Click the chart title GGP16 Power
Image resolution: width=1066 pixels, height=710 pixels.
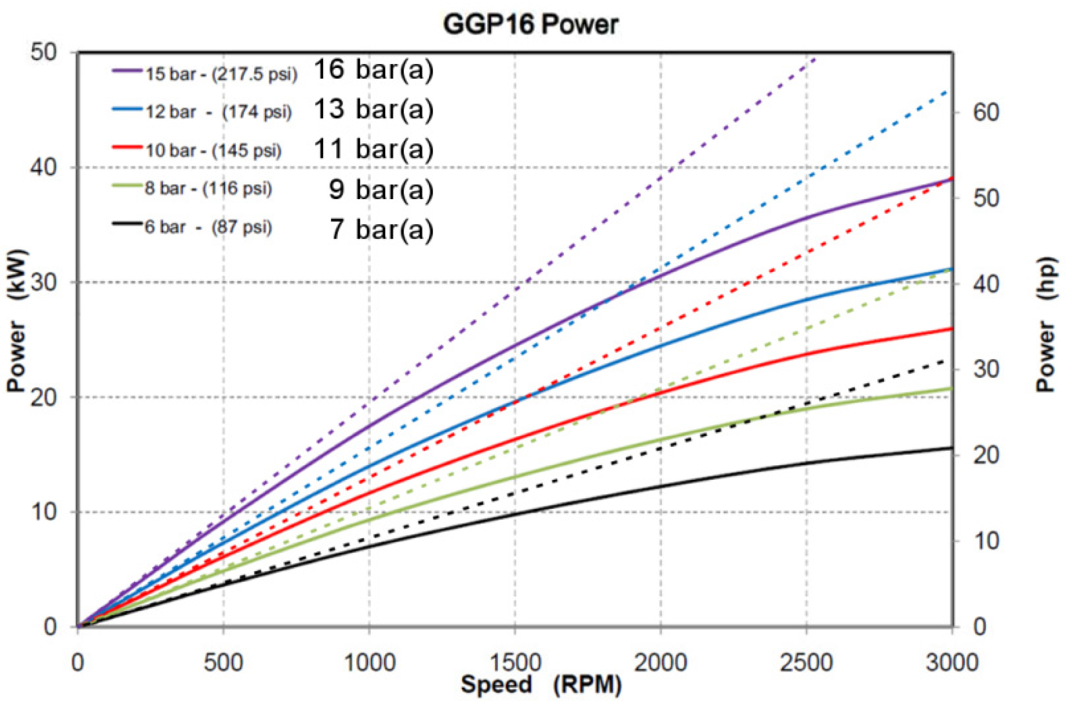coord(530,24)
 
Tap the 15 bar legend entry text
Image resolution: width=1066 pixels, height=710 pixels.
coord(221,74)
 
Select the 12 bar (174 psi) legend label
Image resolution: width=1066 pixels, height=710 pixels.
coord(218,112)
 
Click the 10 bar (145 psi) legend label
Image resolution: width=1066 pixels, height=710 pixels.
coord(213,151)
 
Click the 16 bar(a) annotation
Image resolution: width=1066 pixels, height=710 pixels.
coord(373,69)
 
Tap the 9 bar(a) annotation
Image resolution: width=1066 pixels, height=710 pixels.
coord(381,189)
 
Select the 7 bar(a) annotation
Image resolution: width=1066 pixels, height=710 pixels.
coord(381,229)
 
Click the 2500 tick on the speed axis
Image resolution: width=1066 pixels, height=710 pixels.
coord(806,662)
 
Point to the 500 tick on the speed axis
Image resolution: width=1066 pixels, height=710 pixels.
coord(223,662)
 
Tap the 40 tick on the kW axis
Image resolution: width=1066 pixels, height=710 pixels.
coord(44,167)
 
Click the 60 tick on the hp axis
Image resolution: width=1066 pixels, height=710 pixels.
coord(985,113)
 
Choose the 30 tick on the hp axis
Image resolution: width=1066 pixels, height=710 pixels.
coord(985,370)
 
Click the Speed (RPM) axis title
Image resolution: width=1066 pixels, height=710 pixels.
coord(541,685)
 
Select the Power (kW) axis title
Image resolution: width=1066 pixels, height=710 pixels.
coord(16,321)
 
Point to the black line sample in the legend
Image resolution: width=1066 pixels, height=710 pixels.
coord(127,223)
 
